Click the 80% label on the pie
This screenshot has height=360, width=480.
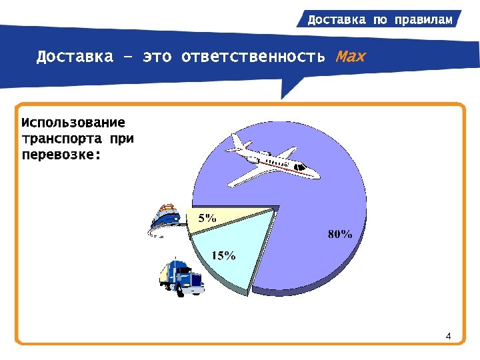tap(340, 234)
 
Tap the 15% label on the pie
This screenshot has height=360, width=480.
tap(223, 255)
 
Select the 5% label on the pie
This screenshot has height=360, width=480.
tap(207, 218)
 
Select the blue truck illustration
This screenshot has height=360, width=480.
tap(181, 276)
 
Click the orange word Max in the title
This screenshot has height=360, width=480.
tap(351, 56)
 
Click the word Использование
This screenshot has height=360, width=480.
tap(73, 123)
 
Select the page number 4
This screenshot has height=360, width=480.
tap(449, 335)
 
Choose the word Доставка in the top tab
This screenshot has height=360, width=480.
tap(337, 19)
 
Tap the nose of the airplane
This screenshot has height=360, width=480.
tap(317, 175)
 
